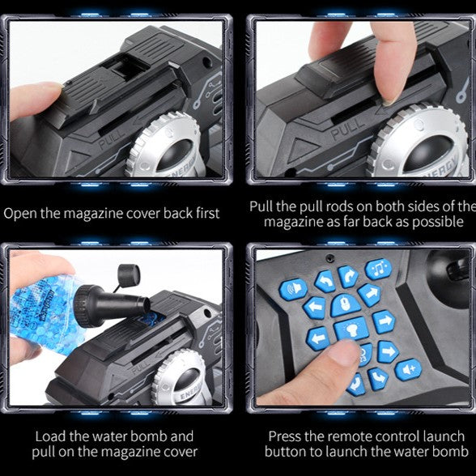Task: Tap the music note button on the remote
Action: [x=379, y=269]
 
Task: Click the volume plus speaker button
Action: [x=408, y=369]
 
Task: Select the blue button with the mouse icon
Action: [x=345, y=304]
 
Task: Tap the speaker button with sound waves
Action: [x=293, y=289]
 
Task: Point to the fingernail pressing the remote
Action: [x=343, y=350]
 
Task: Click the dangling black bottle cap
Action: [x=129, y=274]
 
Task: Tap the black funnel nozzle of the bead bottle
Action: [x=113, y=306]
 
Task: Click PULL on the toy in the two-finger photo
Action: [x=347, y=128]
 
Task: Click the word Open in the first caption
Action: [x=20, y=214]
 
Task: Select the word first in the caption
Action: [x=207, y=213]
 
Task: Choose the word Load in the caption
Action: [x=50, y=436]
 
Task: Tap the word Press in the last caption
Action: [x=284, y=436]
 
